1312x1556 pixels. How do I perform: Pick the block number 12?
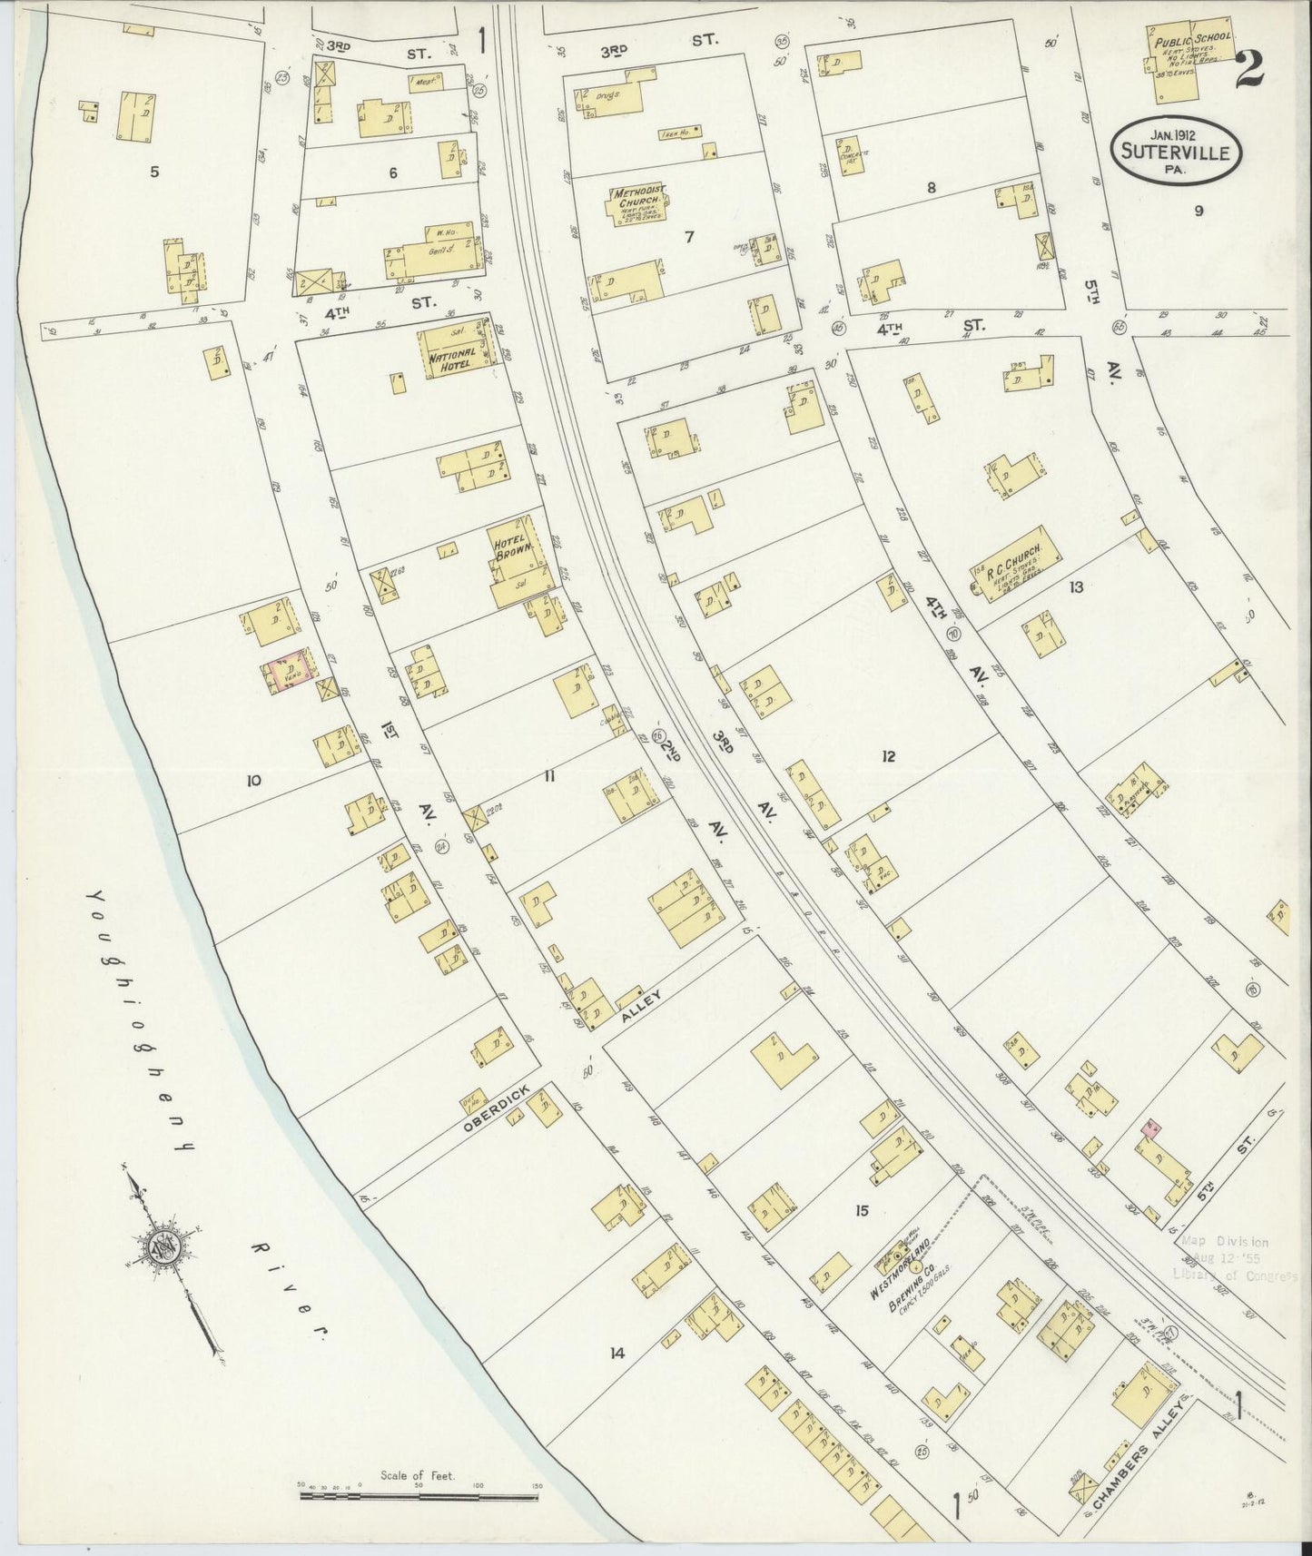point(888,755)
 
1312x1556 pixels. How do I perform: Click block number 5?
point(154,171)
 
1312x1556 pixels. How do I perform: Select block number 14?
point(617,1354)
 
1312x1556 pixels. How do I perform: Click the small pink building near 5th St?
point(1152,1128)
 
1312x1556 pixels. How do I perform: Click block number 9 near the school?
point(1199,211)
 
